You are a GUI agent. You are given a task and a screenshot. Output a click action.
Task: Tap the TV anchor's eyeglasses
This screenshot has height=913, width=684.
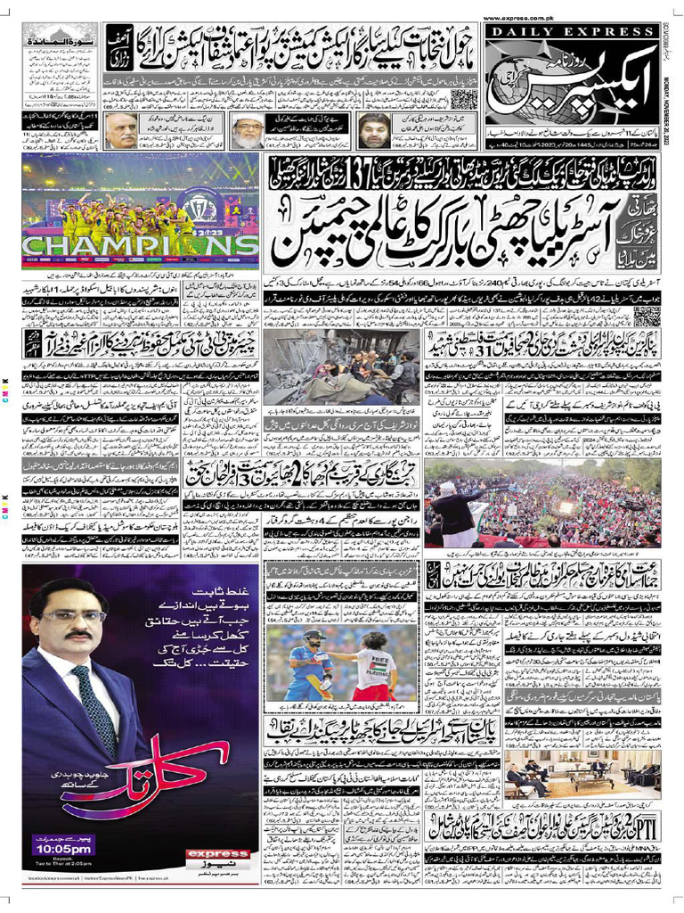[x=73, y=614]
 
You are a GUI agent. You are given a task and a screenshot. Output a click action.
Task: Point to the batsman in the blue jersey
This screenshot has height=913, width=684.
[x=308, y=664]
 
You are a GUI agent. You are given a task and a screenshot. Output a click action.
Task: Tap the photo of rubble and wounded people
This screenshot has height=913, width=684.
[x=340, y=366]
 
